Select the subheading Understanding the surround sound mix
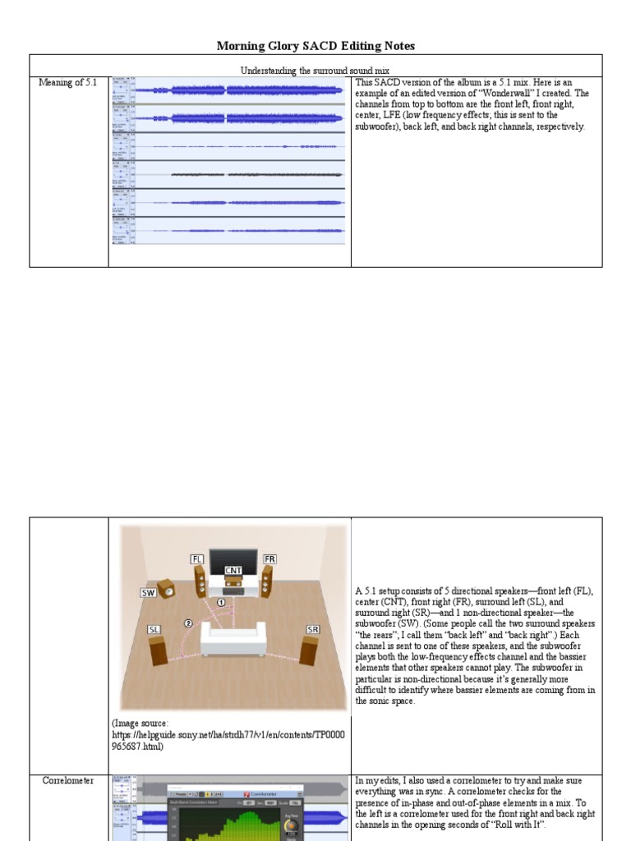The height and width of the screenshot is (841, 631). click(x=316, y=71)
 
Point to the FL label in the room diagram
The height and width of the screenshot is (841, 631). click(x=196, y=559)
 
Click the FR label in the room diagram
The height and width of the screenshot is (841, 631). click(x=269, y=559)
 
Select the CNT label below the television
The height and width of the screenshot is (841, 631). click(x=233, y=570)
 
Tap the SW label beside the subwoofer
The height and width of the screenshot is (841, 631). click(x=148, y=591)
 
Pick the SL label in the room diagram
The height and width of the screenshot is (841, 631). click(x=154, y=629)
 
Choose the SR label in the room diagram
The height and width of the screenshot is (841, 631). click(x=312, y=629)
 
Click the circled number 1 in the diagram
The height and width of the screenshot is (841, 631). click(x=220, y=602)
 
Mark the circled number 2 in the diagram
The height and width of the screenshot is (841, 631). click(x=188, y=623)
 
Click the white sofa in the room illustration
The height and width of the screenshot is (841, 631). click(x=233, y=640)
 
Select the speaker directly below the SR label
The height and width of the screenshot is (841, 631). click(x=309, y=650)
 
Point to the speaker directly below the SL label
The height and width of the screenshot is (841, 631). click(x=158, y=650)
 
